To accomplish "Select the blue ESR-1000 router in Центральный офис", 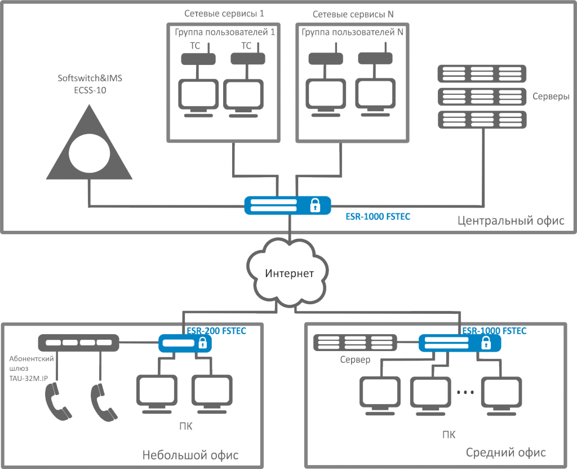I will (288, 205).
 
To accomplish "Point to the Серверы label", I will (551, 97).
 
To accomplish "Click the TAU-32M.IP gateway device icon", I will (78, 342).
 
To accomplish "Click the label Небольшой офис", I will (190, 455).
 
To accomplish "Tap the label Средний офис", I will (506, 453).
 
